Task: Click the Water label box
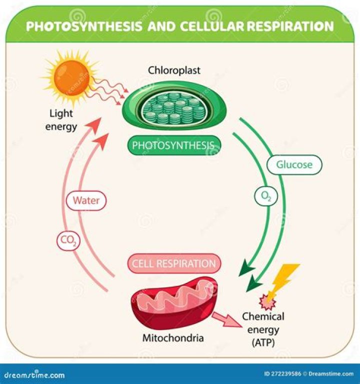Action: coord(86,201)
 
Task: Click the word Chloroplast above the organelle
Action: coord(174,70)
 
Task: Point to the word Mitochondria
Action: coord(173,338)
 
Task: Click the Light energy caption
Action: coord(61,121)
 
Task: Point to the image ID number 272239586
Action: coord(284,374)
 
